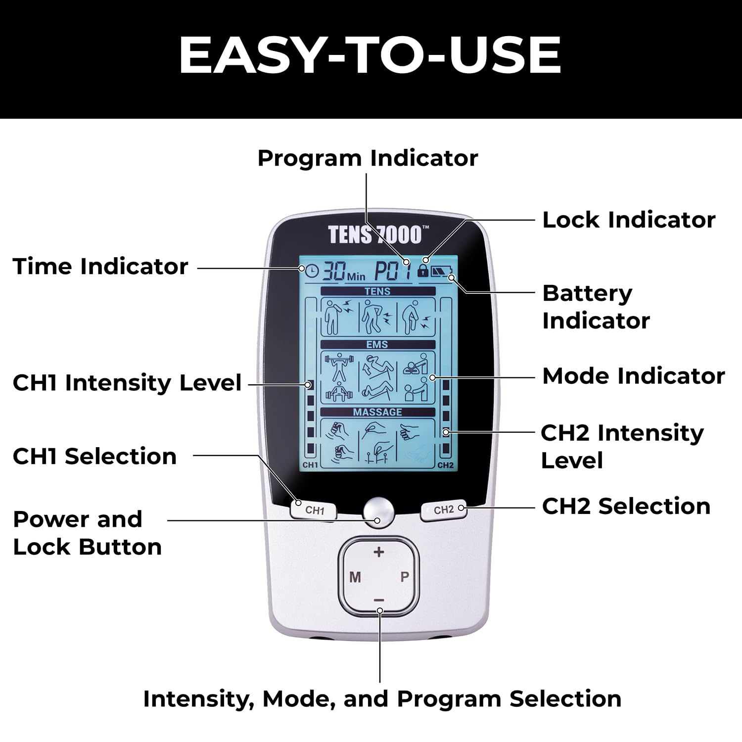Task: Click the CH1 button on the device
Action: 313,510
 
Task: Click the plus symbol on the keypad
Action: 379,552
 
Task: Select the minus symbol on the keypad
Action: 379,600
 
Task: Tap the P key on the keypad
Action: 405,577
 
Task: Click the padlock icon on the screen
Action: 422,270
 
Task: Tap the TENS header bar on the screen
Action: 378,291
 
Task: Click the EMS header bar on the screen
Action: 378,344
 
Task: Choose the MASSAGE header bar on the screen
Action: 378,412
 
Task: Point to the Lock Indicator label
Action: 629,220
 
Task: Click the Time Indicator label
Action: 100,266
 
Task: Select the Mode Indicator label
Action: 634,376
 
